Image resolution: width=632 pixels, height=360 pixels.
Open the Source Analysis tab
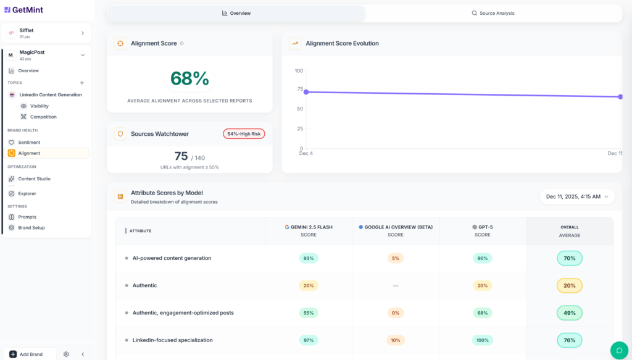pyautogui.click(x=493, y=13)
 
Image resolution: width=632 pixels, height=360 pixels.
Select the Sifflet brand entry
pyautogui.click(x=46, y=33)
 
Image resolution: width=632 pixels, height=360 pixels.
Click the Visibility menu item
pyautogui.click(x=39, y=106)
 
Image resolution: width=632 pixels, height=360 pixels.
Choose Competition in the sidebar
pyautogui.click(x=43, y=117)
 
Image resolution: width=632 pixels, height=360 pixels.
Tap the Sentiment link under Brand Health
pyautogui.click(x=29, y=142)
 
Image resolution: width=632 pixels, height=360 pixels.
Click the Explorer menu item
pyautogui.click(x=27, y=193)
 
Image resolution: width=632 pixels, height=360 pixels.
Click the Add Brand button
pyautogui.click(x=31, y=354)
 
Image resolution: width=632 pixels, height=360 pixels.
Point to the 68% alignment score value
pyautogui.click(x=189, y=78)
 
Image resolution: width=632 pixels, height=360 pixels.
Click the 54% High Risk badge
pyautogui.click(x=244, y=134)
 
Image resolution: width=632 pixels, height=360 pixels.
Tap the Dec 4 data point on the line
pyautogui.click(x=306, y=92)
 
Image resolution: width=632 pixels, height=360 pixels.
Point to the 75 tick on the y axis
pyautogui.click(x=299, y=89)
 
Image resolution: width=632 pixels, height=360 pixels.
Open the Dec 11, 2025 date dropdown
pyautogui.click(x=577, y=196)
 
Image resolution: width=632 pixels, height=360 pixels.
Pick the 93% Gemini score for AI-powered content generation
pyautogui.click(x=308, y=258)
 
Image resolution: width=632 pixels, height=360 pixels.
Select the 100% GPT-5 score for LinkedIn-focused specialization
pyautogui.click(x=482, y=340)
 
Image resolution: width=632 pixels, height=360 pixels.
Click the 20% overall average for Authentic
pyautogui.click(x=569, y=285)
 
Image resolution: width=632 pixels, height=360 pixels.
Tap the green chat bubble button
pyautogui.click(x=619, y=350)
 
